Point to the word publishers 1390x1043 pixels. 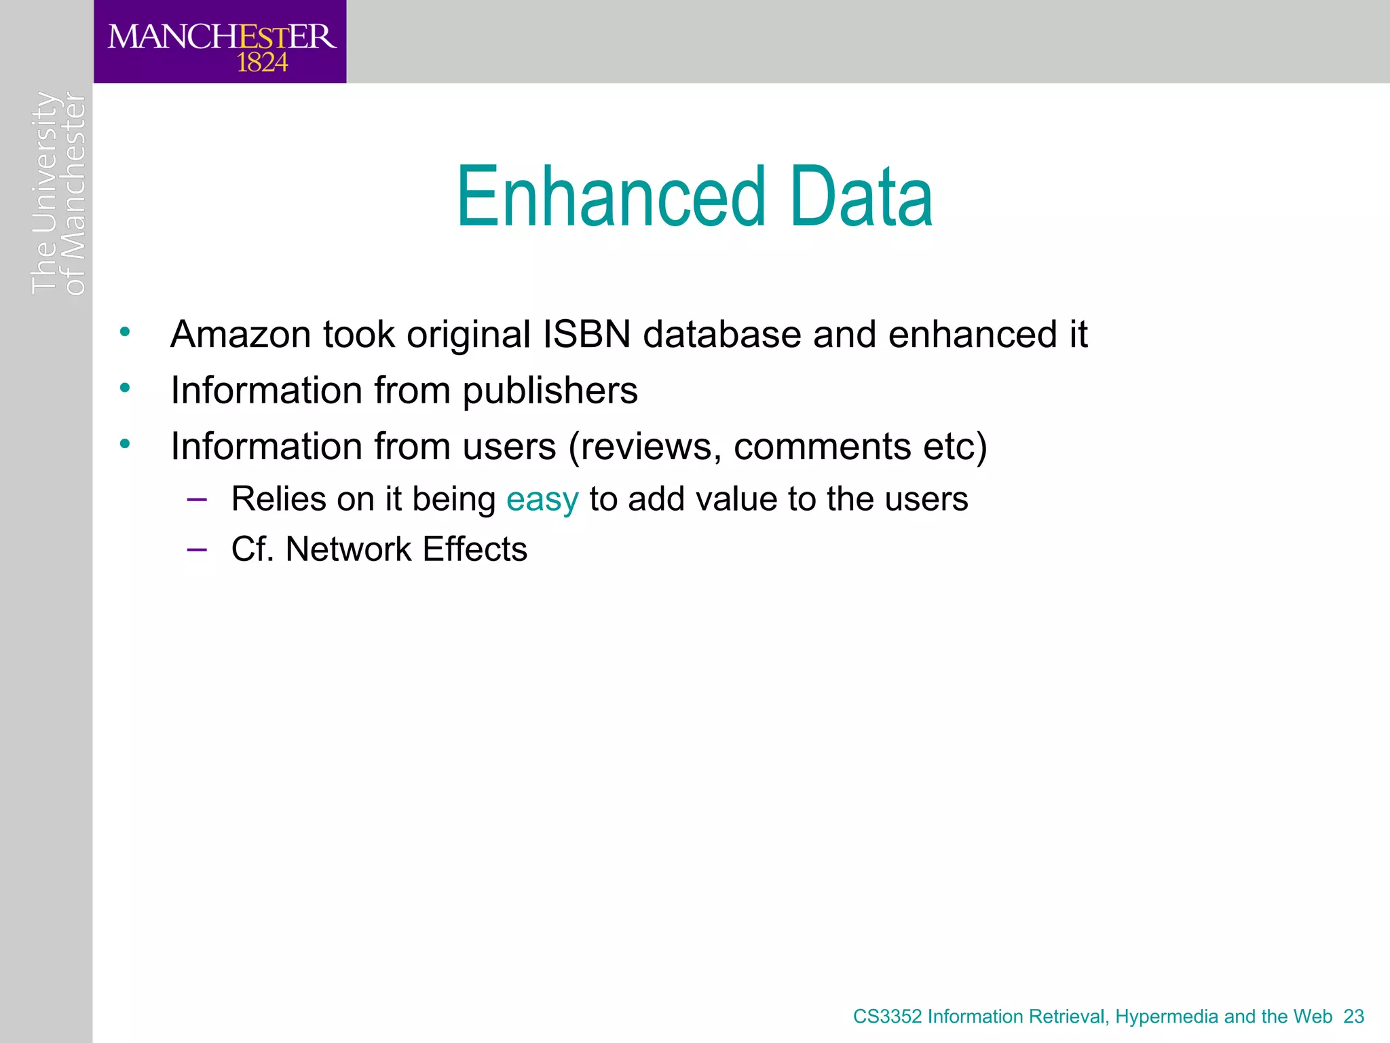[550, 391]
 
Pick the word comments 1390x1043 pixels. [822, 447]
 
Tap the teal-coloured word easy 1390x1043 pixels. [542, 500]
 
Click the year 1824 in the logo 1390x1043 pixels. [262, 63]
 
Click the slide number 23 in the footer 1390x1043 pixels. [1353, 1017]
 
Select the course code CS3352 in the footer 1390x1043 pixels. [887, 1017]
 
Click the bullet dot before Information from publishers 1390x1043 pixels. [124, 388]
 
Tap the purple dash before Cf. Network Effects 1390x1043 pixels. [197, 549]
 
